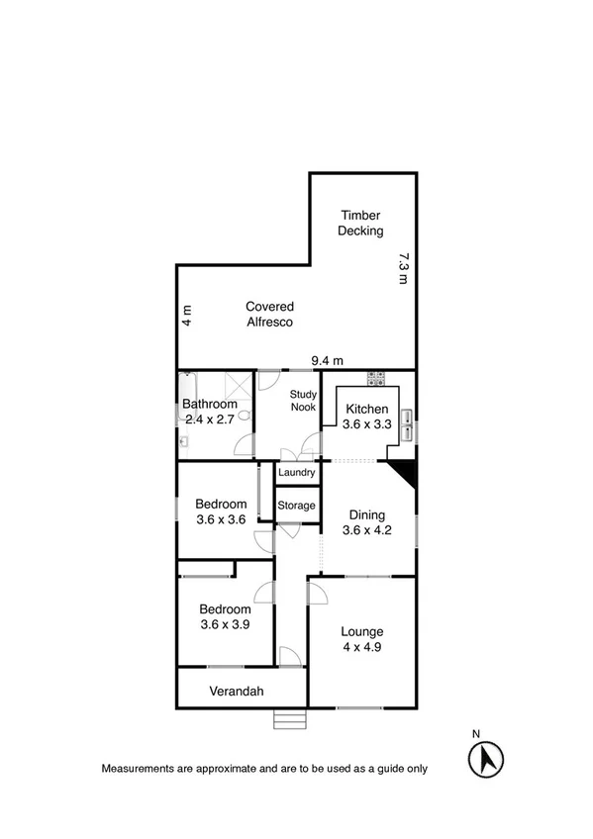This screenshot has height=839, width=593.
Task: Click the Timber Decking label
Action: [x=360, y=224]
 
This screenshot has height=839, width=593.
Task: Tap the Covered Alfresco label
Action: [x=269, y=315]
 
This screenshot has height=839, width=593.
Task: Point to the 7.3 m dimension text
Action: [x=403, y=269]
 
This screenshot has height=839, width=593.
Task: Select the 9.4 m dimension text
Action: [x=327, y=360]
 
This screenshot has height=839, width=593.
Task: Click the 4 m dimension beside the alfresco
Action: [x=186, y=316]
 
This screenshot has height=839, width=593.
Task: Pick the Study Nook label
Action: [x=302, y=401]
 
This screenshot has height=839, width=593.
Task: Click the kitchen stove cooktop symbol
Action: [x=376, y=377]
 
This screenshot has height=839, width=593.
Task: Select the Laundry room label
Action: [x=297, y=474]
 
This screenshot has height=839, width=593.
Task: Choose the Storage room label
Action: [x=296, y=506]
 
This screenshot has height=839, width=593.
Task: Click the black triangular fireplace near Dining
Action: [x=404, y=473]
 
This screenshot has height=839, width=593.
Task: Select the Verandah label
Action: [x=236, y=692]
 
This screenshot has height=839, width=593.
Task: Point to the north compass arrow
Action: [x=484, y=760]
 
